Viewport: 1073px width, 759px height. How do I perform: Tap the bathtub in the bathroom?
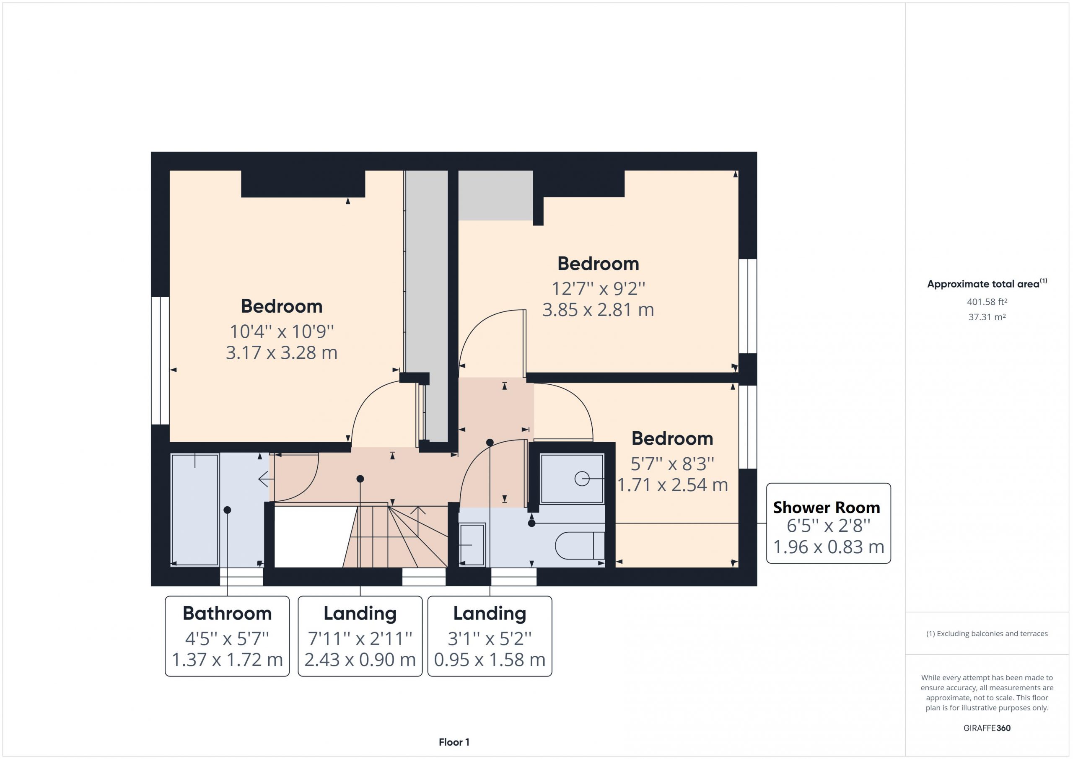194,510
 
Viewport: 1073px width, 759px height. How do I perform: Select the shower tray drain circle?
582,479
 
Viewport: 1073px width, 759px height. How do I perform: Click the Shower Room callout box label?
826,508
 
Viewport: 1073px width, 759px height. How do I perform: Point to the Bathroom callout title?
227,614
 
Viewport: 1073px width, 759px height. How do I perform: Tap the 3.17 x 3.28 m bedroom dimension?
281,352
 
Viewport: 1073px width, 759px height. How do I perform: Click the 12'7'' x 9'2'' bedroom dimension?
598,289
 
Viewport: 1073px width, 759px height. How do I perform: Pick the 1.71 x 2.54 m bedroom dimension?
672,485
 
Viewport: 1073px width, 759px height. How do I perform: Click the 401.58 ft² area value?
987,302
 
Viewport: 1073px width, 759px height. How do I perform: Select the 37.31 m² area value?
987,317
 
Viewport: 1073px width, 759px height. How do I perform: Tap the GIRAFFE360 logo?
987,728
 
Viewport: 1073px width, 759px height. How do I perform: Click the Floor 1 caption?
454,742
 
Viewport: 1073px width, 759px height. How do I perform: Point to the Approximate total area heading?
987,284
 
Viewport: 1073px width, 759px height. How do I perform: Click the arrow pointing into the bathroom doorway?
266,479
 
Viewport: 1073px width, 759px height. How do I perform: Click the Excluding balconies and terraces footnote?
987,634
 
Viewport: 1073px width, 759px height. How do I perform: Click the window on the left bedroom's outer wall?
160,360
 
